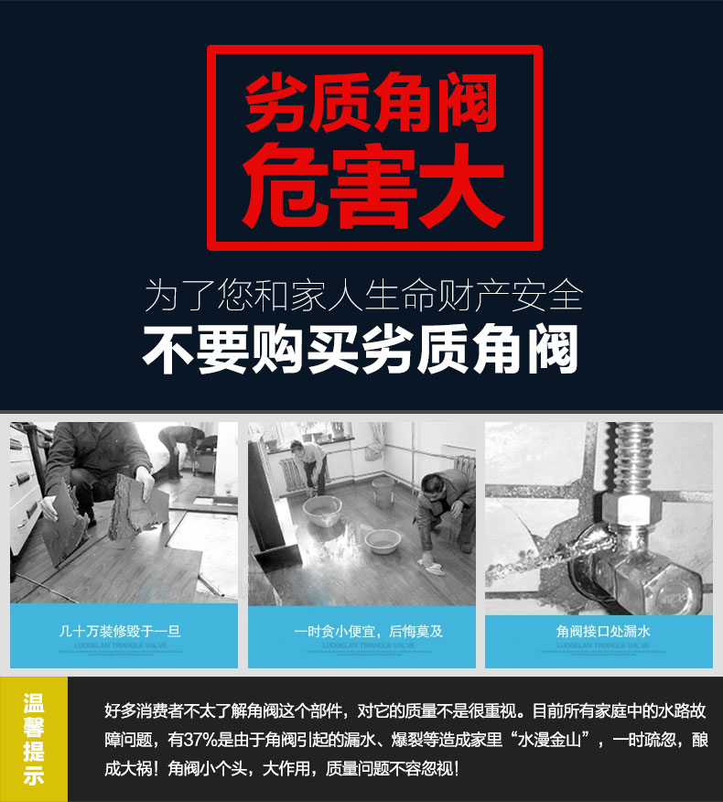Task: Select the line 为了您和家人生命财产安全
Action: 363,295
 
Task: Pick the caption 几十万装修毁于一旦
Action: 124,632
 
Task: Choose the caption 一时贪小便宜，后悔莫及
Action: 361,632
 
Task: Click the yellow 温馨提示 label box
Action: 34,740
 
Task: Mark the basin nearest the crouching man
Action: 382,540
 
